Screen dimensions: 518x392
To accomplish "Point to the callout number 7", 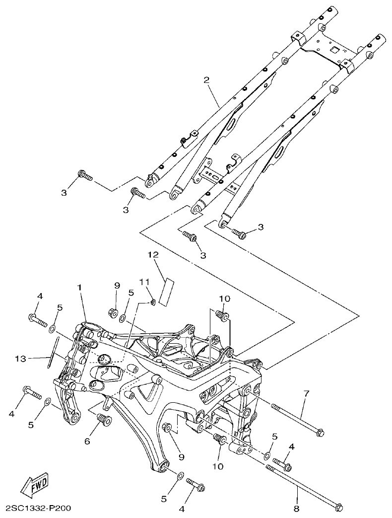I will point(306,394).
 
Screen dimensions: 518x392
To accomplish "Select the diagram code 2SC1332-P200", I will point(39,509).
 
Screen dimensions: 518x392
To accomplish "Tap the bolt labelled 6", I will point(104,419).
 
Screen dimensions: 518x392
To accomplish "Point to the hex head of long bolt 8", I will point(339,507).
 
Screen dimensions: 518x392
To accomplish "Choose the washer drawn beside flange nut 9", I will point(122,315).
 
